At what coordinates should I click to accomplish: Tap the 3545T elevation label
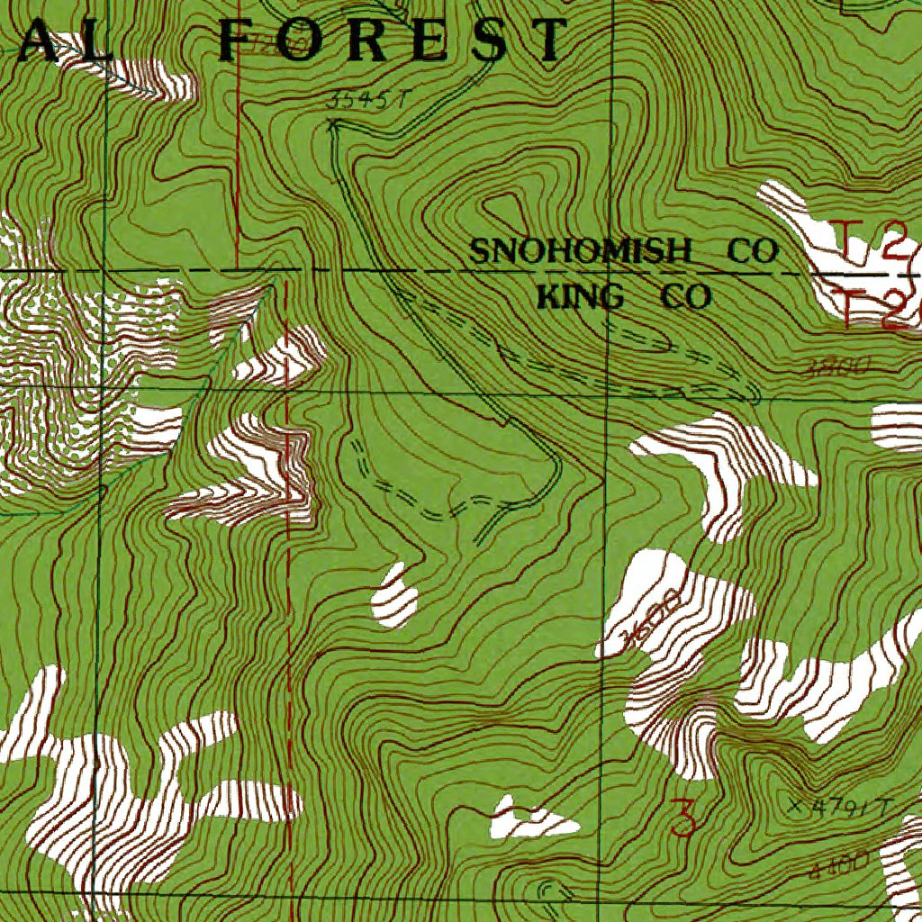click(x=361, y=101)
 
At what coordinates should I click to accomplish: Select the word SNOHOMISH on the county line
click(x=581, y=251)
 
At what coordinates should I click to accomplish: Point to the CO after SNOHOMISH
click(x=752, y=251)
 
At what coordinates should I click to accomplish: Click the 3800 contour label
click(x=836, y=366)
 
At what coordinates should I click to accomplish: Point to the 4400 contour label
click(x=838, y=865)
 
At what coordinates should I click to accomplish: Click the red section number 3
click(x=684, y=819)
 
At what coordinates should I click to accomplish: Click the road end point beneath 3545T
click(x=331, y=127)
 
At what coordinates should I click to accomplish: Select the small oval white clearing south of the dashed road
click(x=395, y=596)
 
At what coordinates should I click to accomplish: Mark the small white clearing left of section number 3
click(x=531, y=818)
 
